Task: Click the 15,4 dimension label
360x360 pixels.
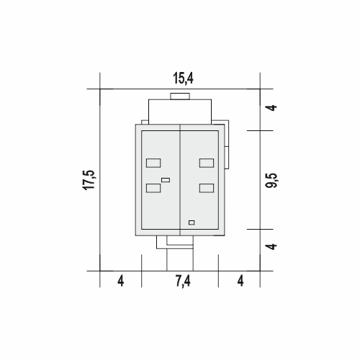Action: (183, 78)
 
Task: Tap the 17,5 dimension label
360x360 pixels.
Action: (89, 180)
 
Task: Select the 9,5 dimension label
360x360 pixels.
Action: (272, 180)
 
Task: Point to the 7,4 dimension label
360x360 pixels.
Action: (183, 281)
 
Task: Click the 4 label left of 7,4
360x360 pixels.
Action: (121, 281)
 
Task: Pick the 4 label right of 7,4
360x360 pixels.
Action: (240, 281)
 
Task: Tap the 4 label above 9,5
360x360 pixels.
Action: (272, 107)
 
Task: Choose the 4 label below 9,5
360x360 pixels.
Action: (272, 246)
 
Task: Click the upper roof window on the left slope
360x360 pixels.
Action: (153, 163)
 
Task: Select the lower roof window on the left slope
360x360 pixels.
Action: (153, 188)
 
